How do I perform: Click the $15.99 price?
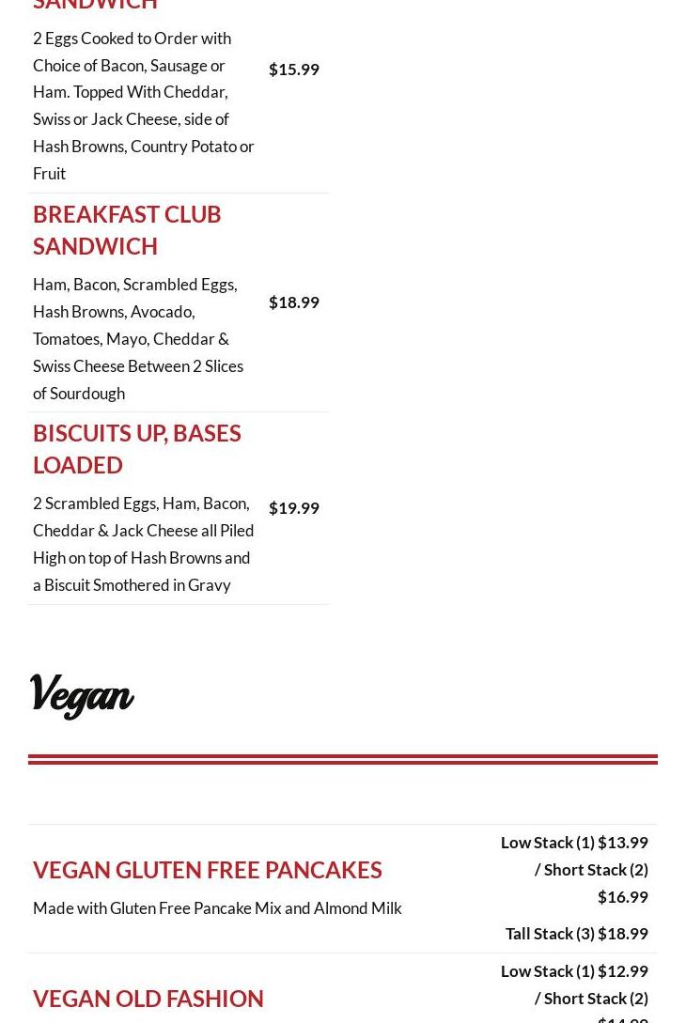click(293, 70)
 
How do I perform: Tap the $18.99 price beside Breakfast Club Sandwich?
click(293, 302)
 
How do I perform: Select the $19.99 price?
click(293, 508)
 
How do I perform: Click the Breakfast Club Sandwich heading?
click(127, 229)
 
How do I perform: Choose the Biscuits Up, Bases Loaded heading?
click(136, 448)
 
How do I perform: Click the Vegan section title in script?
click(82, 696)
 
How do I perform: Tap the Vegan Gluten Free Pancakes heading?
click(207, 870)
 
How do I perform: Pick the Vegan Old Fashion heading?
click(148, 999)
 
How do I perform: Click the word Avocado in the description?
click(162, 312)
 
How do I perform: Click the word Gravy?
click(209, 585)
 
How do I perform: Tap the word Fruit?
click(50, 174)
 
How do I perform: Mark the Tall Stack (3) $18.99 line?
click(576, 934)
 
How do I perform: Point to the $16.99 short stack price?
click(622, 897)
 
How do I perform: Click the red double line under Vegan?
click(343, 759)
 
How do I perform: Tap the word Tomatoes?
click(68, 339)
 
